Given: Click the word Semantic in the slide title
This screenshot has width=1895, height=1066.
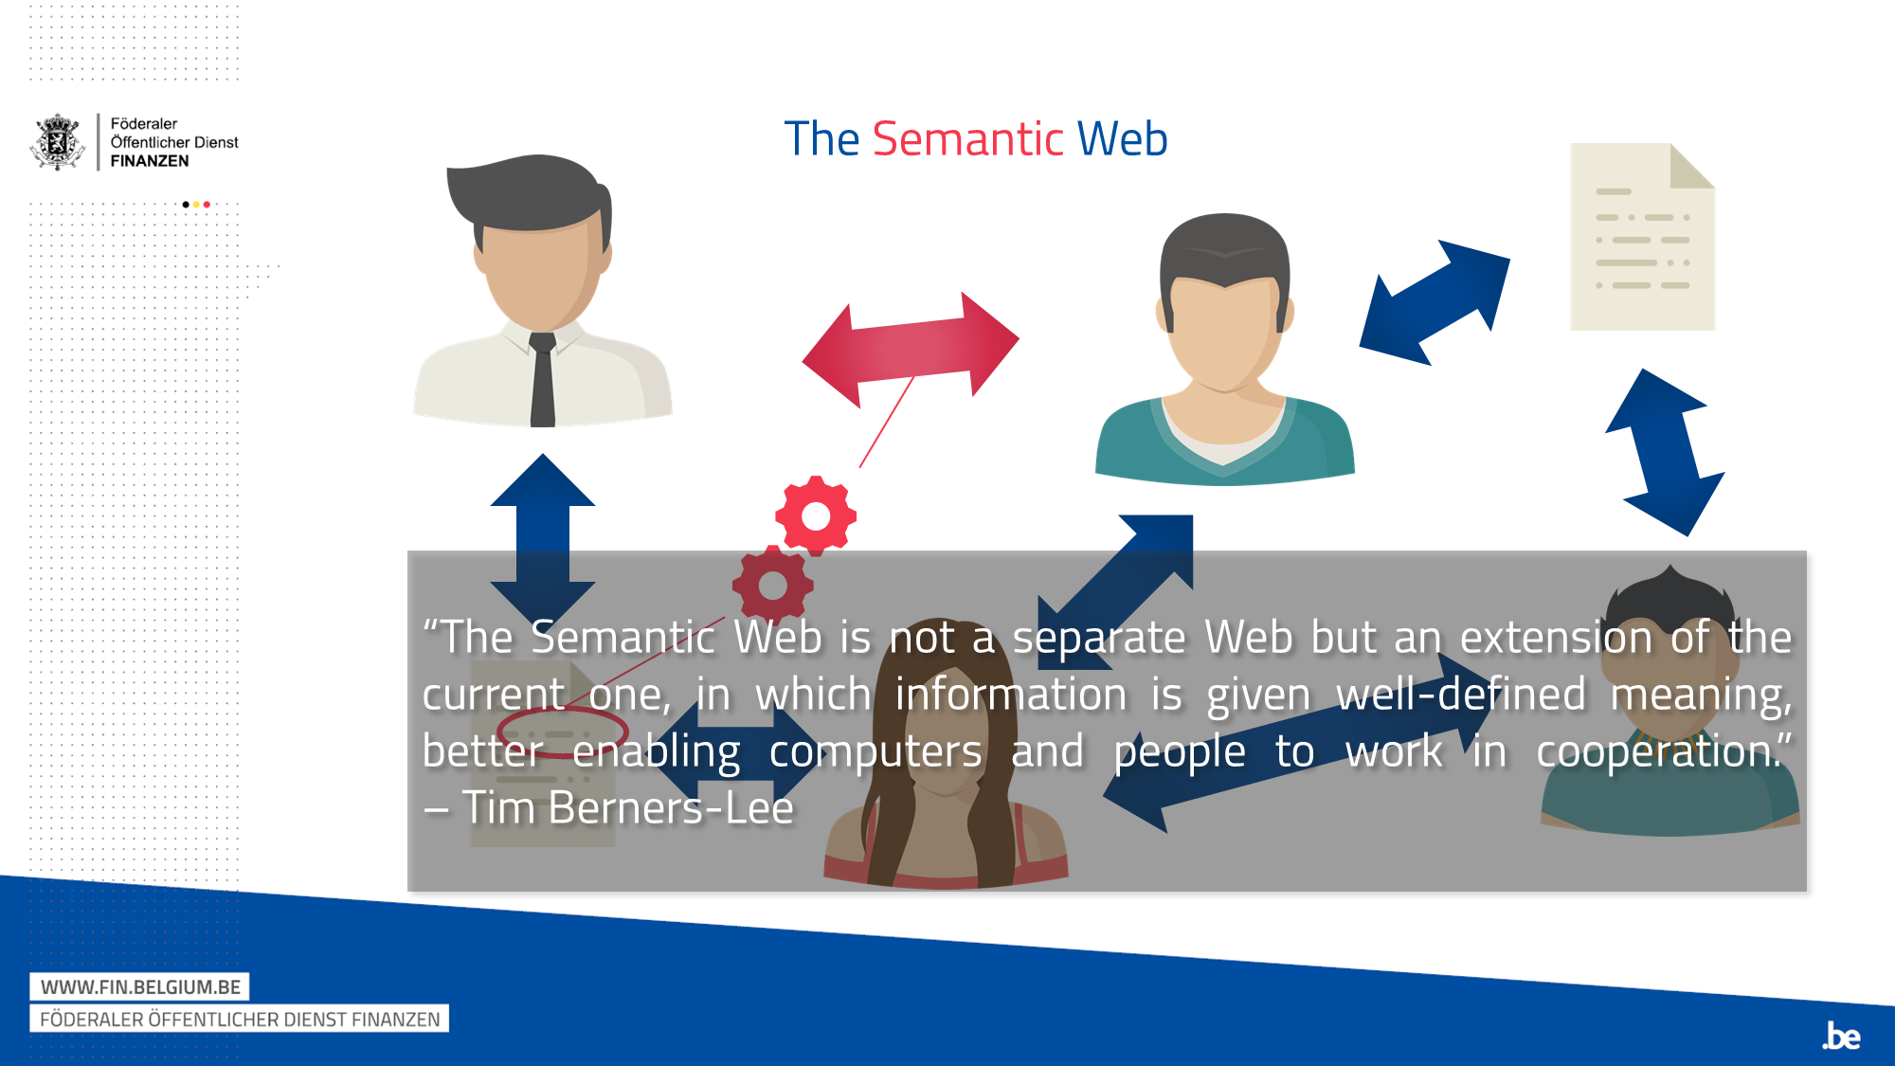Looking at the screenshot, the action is click(x=967, y=139).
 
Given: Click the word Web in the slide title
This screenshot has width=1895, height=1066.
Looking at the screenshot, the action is click(x=1122, y=139).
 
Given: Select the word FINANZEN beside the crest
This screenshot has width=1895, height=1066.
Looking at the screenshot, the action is click(x=150, y=161).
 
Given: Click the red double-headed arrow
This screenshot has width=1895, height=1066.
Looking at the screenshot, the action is click(x=911, y=350).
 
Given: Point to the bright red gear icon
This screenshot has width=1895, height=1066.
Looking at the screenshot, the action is click(x=816, y=515).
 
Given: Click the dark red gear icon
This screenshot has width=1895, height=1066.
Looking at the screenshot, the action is click(x=773, y=586).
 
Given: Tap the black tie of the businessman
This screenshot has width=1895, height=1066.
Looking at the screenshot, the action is click(x=542, y=379).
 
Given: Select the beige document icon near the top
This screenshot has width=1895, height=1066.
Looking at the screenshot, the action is click(x=1642, y=237).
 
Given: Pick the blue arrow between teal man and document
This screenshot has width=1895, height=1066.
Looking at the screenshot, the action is click(x=1435, y=302).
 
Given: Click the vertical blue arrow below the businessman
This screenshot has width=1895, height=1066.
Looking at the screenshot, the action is click(x=543, y=540).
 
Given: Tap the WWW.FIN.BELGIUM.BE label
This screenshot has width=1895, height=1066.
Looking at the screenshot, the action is click(x=140, y=986).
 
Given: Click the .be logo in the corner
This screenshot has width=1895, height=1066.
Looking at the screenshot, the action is click(x=1841, y=1036).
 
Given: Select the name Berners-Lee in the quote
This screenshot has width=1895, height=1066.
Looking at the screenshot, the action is click(x=671, y=808).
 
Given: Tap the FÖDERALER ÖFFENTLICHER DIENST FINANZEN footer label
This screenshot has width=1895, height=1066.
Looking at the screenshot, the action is click(x=240, y=1019).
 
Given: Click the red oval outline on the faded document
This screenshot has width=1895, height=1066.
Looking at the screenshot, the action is click(x=562, y=732).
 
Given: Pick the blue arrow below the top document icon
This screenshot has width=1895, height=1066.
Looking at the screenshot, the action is click(x=1665, y=452).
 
